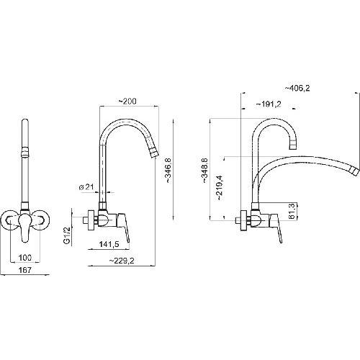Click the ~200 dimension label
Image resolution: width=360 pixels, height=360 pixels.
coord(127,102)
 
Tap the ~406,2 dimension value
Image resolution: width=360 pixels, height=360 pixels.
coord(297,89)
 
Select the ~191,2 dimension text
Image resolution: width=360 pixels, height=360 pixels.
coord(269,104)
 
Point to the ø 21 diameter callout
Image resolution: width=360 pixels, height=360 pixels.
coord(86,187)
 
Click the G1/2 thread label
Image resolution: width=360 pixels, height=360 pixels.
coord(67,235)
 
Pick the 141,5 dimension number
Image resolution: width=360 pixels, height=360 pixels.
coord(109,244)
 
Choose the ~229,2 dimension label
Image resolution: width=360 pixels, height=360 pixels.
coord(122,261)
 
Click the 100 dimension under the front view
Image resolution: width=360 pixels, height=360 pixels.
coord(25,258)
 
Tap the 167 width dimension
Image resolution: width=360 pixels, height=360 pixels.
coord(25,270)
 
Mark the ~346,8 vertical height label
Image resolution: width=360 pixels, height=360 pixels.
coord(168,171)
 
